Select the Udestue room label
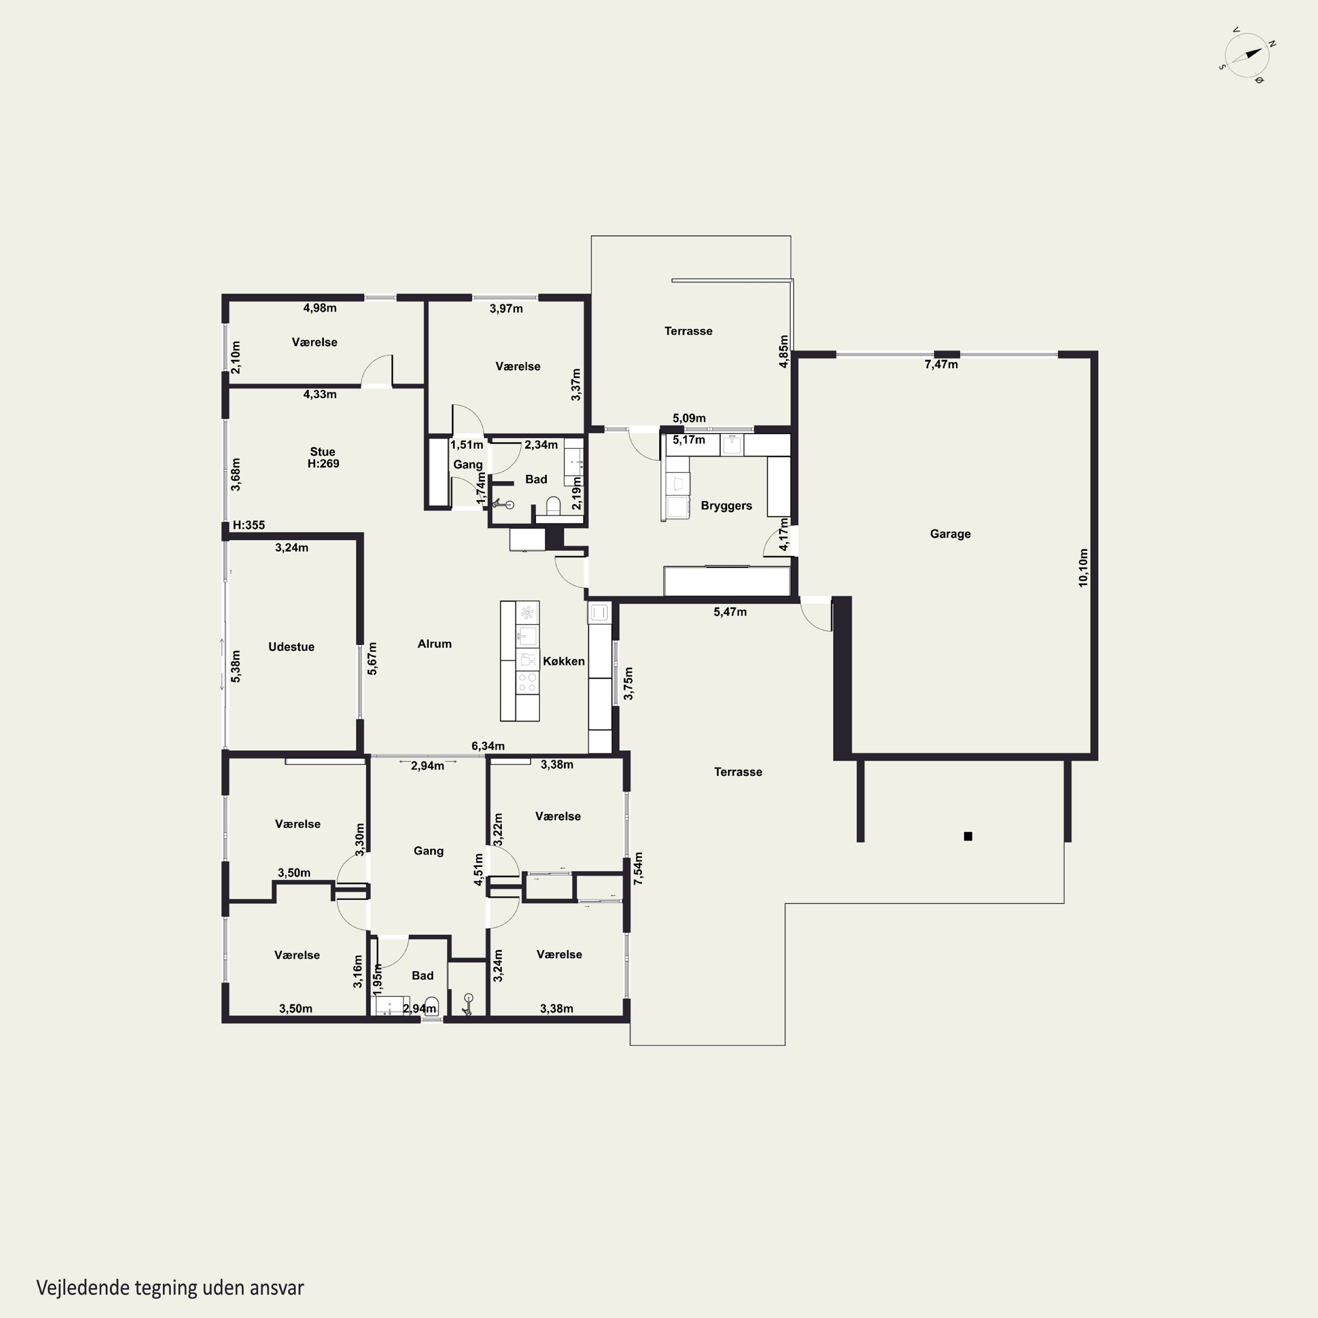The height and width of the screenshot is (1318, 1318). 291,647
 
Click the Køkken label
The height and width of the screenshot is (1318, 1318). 564,661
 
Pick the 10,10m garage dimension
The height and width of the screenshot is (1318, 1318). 1083,568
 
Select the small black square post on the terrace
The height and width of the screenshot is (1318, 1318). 967,836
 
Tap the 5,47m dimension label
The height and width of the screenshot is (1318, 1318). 730,612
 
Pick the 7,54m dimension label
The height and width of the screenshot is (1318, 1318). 638,869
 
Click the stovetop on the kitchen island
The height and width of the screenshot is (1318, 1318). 527,682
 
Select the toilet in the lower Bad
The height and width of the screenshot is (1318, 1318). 431,1006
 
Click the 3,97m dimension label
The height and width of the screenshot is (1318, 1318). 506,309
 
